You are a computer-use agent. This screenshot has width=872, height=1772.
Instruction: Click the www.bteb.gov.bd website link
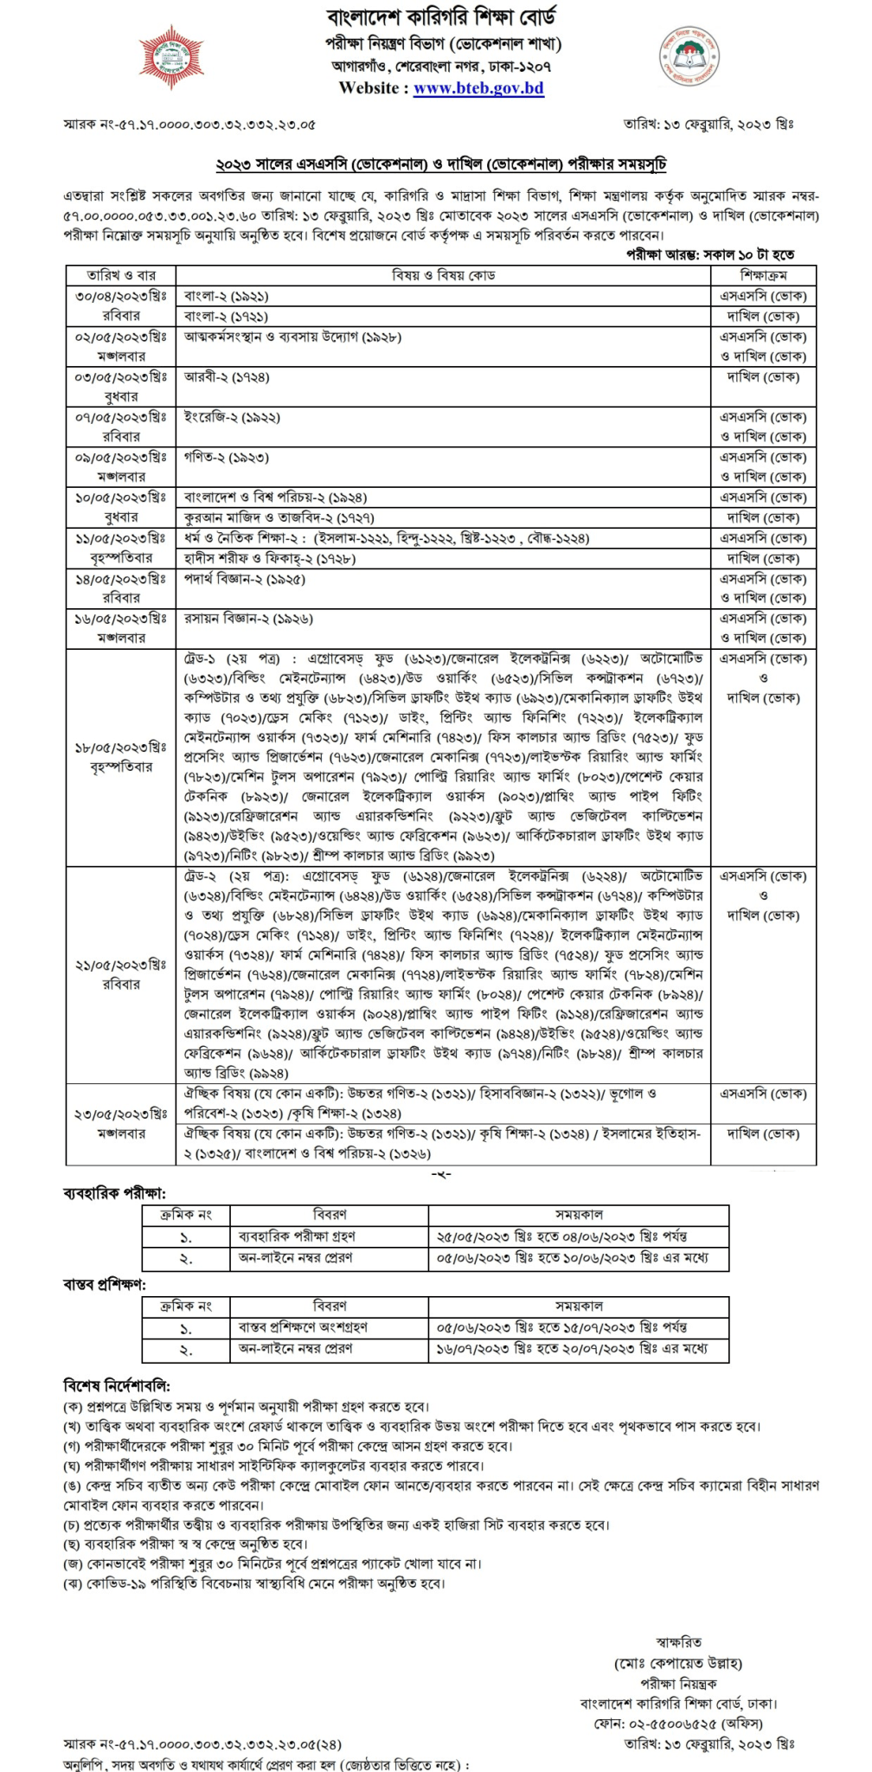pos(478,88)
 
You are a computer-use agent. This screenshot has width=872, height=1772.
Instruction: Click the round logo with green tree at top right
pos(689,56)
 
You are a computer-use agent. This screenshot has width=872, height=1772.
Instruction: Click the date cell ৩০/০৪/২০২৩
pos(121,296)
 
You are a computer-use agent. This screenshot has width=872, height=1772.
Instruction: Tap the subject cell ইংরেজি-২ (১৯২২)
pos(232,417)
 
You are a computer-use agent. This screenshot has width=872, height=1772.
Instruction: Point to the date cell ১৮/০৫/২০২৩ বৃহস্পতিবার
pos(121,757)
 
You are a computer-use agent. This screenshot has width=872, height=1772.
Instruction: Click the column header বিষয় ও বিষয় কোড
pos(444,275)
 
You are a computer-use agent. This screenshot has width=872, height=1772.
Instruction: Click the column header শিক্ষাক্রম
pos(763,275)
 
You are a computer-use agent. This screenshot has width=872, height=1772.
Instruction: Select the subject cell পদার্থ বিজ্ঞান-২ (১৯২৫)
pos(245,579)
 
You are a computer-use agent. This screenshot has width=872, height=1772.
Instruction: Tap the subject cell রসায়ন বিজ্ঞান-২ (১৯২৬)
pos(248,619)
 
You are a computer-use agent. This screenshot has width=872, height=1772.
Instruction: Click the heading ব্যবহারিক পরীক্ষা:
pos(114,1193)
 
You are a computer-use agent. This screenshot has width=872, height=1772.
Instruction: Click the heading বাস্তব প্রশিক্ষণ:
pos(104,1285)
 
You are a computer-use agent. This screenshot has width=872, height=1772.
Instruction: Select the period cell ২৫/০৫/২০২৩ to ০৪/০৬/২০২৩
pos(562,1236)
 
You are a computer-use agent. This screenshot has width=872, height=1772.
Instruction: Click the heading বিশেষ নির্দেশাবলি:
pos(117,1385)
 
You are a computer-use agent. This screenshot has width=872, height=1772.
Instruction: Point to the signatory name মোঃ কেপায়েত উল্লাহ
pos(678,1663)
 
